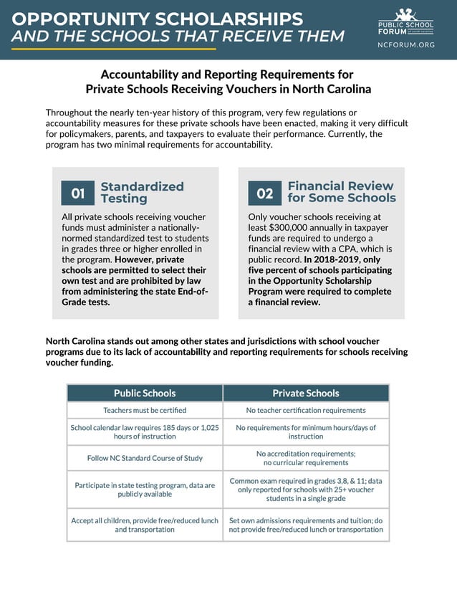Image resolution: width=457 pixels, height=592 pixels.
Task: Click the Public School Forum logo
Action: pos(405,21)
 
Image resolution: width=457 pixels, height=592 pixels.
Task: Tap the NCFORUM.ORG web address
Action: pos(405,44)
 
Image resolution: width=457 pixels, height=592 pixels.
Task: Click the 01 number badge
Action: pos(78,193)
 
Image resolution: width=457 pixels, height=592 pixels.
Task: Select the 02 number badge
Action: pos(265,193)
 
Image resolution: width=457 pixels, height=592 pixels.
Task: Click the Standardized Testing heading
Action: pos(142,192)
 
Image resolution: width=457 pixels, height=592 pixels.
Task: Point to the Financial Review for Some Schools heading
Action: pos(341,191)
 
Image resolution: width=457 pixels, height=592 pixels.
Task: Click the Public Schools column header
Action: pos(145,393)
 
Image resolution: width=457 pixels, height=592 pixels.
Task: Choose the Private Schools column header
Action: pos(306,393)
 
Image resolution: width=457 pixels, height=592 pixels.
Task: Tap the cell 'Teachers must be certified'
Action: pos(145,410)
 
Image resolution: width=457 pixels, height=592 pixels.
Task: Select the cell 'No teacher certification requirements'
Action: pos(306,410)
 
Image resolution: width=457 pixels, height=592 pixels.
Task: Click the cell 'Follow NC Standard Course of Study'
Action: pos(145,458)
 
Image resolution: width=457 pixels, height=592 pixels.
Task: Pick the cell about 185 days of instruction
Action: pos(145,431)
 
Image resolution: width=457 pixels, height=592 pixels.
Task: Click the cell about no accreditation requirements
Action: pos(306,458)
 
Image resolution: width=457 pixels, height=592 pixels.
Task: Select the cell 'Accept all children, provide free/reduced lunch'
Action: pos(145,525)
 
